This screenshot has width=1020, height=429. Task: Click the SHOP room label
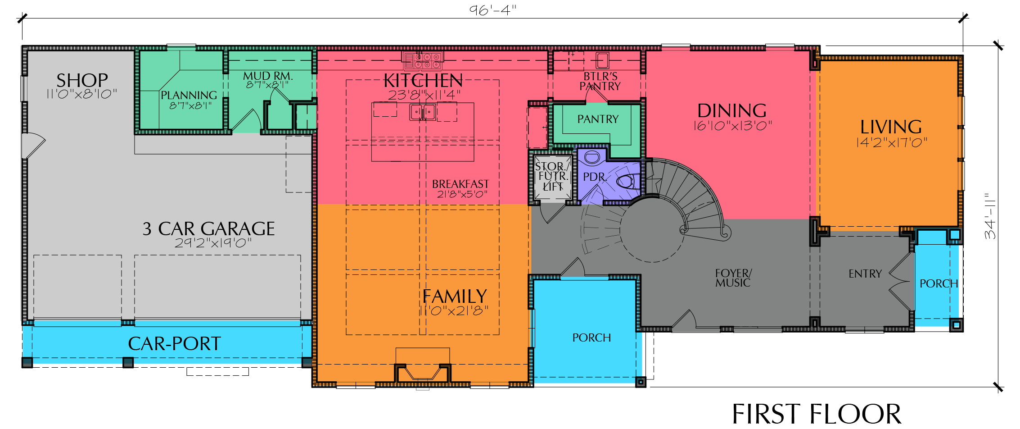click(82, 81)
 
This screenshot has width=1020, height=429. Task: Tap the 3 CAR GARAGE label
click(208, 229)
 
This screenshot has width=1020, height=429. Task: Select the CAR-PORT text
click(174, 344)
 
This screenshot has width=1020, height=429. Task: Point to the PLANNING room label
click(189, 95)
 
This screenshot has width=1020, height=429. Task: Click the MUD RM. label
click(268, 76)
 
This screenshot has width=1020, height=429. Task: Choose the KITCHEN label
click(423, 81)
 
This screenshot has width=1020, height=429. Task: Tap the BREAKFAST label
click(460, 184)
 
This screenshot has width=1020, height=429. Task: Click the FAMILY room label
click(455, 297)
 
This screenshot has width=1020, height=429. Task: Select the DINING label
click(732, 111)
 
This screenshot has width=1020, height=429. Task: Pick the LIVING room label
click(891, 127)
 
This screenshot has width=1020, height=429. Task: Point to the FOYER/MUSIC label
click(733, 278)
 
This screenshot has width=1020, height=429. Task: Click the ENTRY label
click(865, 274)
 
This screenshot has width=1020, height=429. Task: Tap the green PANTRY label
click(598, 119)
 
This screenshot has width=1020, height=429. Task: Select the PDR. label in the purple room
click(595, 177)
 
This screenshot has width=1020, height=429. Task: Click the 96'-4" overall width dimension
click(493, 9)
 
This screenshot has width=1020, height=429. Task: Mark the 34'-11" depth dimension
click(990, 216)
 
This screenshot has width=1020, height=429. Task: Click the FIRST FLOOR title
click(817, 414)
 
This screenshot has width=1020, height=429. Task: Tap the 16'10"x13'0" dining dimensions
click(732, 126)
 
